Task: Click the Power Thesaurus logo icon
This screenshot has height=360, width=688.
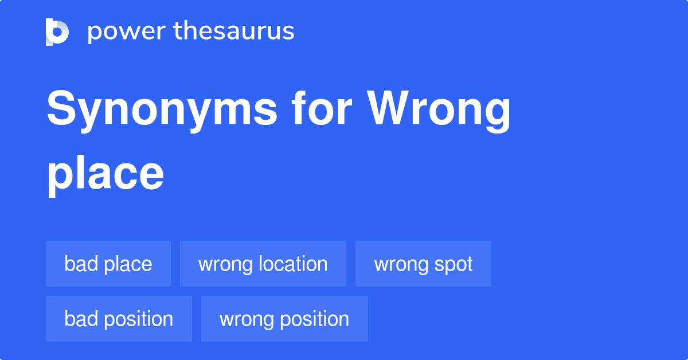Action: (57, 32)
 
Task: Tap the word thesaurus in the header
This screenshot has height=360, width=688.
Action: (234, 32)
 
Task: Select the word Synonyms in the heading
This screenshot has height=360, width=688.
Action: (162, 111)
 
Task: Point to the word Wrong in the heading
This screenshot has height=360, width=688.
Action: (439, 111)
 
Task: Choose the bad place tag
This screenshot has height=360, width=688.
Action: (108, 264)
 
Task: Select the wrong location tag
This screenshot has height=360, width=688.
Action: (263, 264)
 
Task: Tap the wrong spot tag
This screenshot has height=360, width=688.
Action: (423, 264)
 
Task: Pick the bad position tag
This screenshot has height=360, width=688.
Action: (119, 319)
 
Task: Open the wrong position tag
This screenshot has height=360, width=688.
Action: (284, 319)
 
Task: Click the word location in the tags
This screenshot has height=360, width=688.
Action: (293, 264)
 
